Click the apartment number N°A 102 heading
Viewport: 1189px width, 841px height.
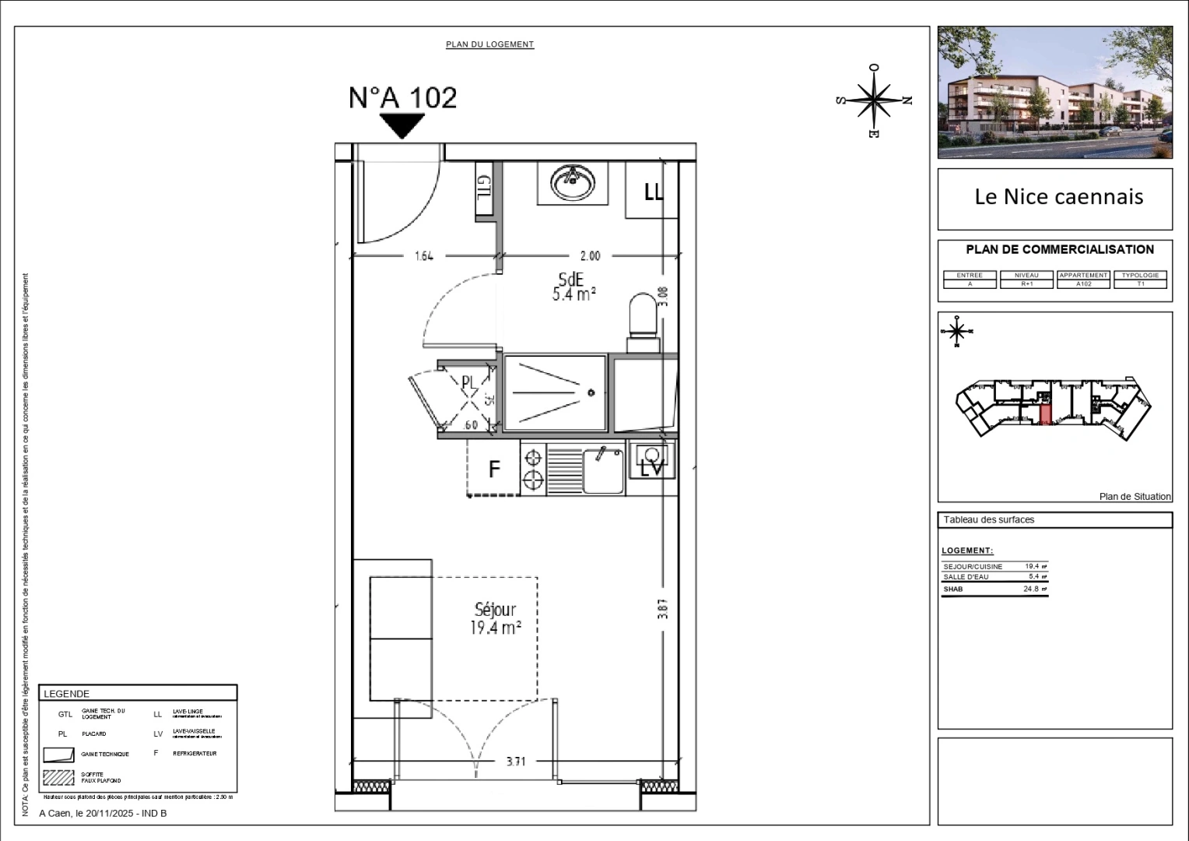pyautogui.click(x=402, y=97)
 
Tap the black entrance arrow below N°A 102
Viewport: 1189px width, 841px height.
pyautogui.click(x=402, y=125)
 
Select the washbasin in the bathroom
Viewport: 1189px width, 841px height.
pyautogui.click(x=573, y=184)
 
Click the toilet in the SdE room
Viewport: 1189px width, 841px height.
pyautogui.click(x=643, y=316)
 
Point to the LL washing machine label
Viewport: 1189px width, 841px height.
pyautogui.click(x=653, y=192)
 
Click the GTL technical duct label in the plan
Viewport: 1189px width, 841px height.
pyautogui.click(x=484, y=193)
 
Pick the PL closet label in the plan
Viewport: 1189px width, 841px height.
pyautogui.click(x=468, y=382)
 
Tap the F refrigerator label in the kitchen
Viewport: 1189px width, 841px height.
pyautogui.click(x=494, y=470)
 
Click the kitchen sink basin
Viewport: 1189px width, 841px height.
pyautogui.click(x=603, y=471)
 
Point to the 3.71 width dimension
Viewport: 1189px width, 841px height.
pyautogui.click(x=516, y=762)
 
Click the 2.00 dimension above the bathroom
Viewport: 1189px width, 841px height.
pyautogui.click(x=590, y=255)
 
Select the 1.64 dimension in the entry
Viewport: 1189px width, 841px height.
pyautogui.click(x=423, y=255)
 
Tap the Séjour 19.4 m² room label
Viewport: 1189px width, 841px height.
pyautogui.click(x=495, y=618)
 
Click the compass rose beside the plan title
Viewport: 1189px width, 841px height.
pyautogui.click(x=875, y=100)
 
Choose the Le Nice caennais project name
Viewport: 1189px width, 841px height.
pyautogui.click(x=1058, y=196)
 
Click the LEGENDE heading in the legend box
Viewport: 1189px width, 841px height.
pyautogui.click(x=67, y=694)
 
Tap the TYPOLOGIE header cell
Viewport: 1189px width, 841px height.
pyautogui.click(x=1140, y=275)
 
